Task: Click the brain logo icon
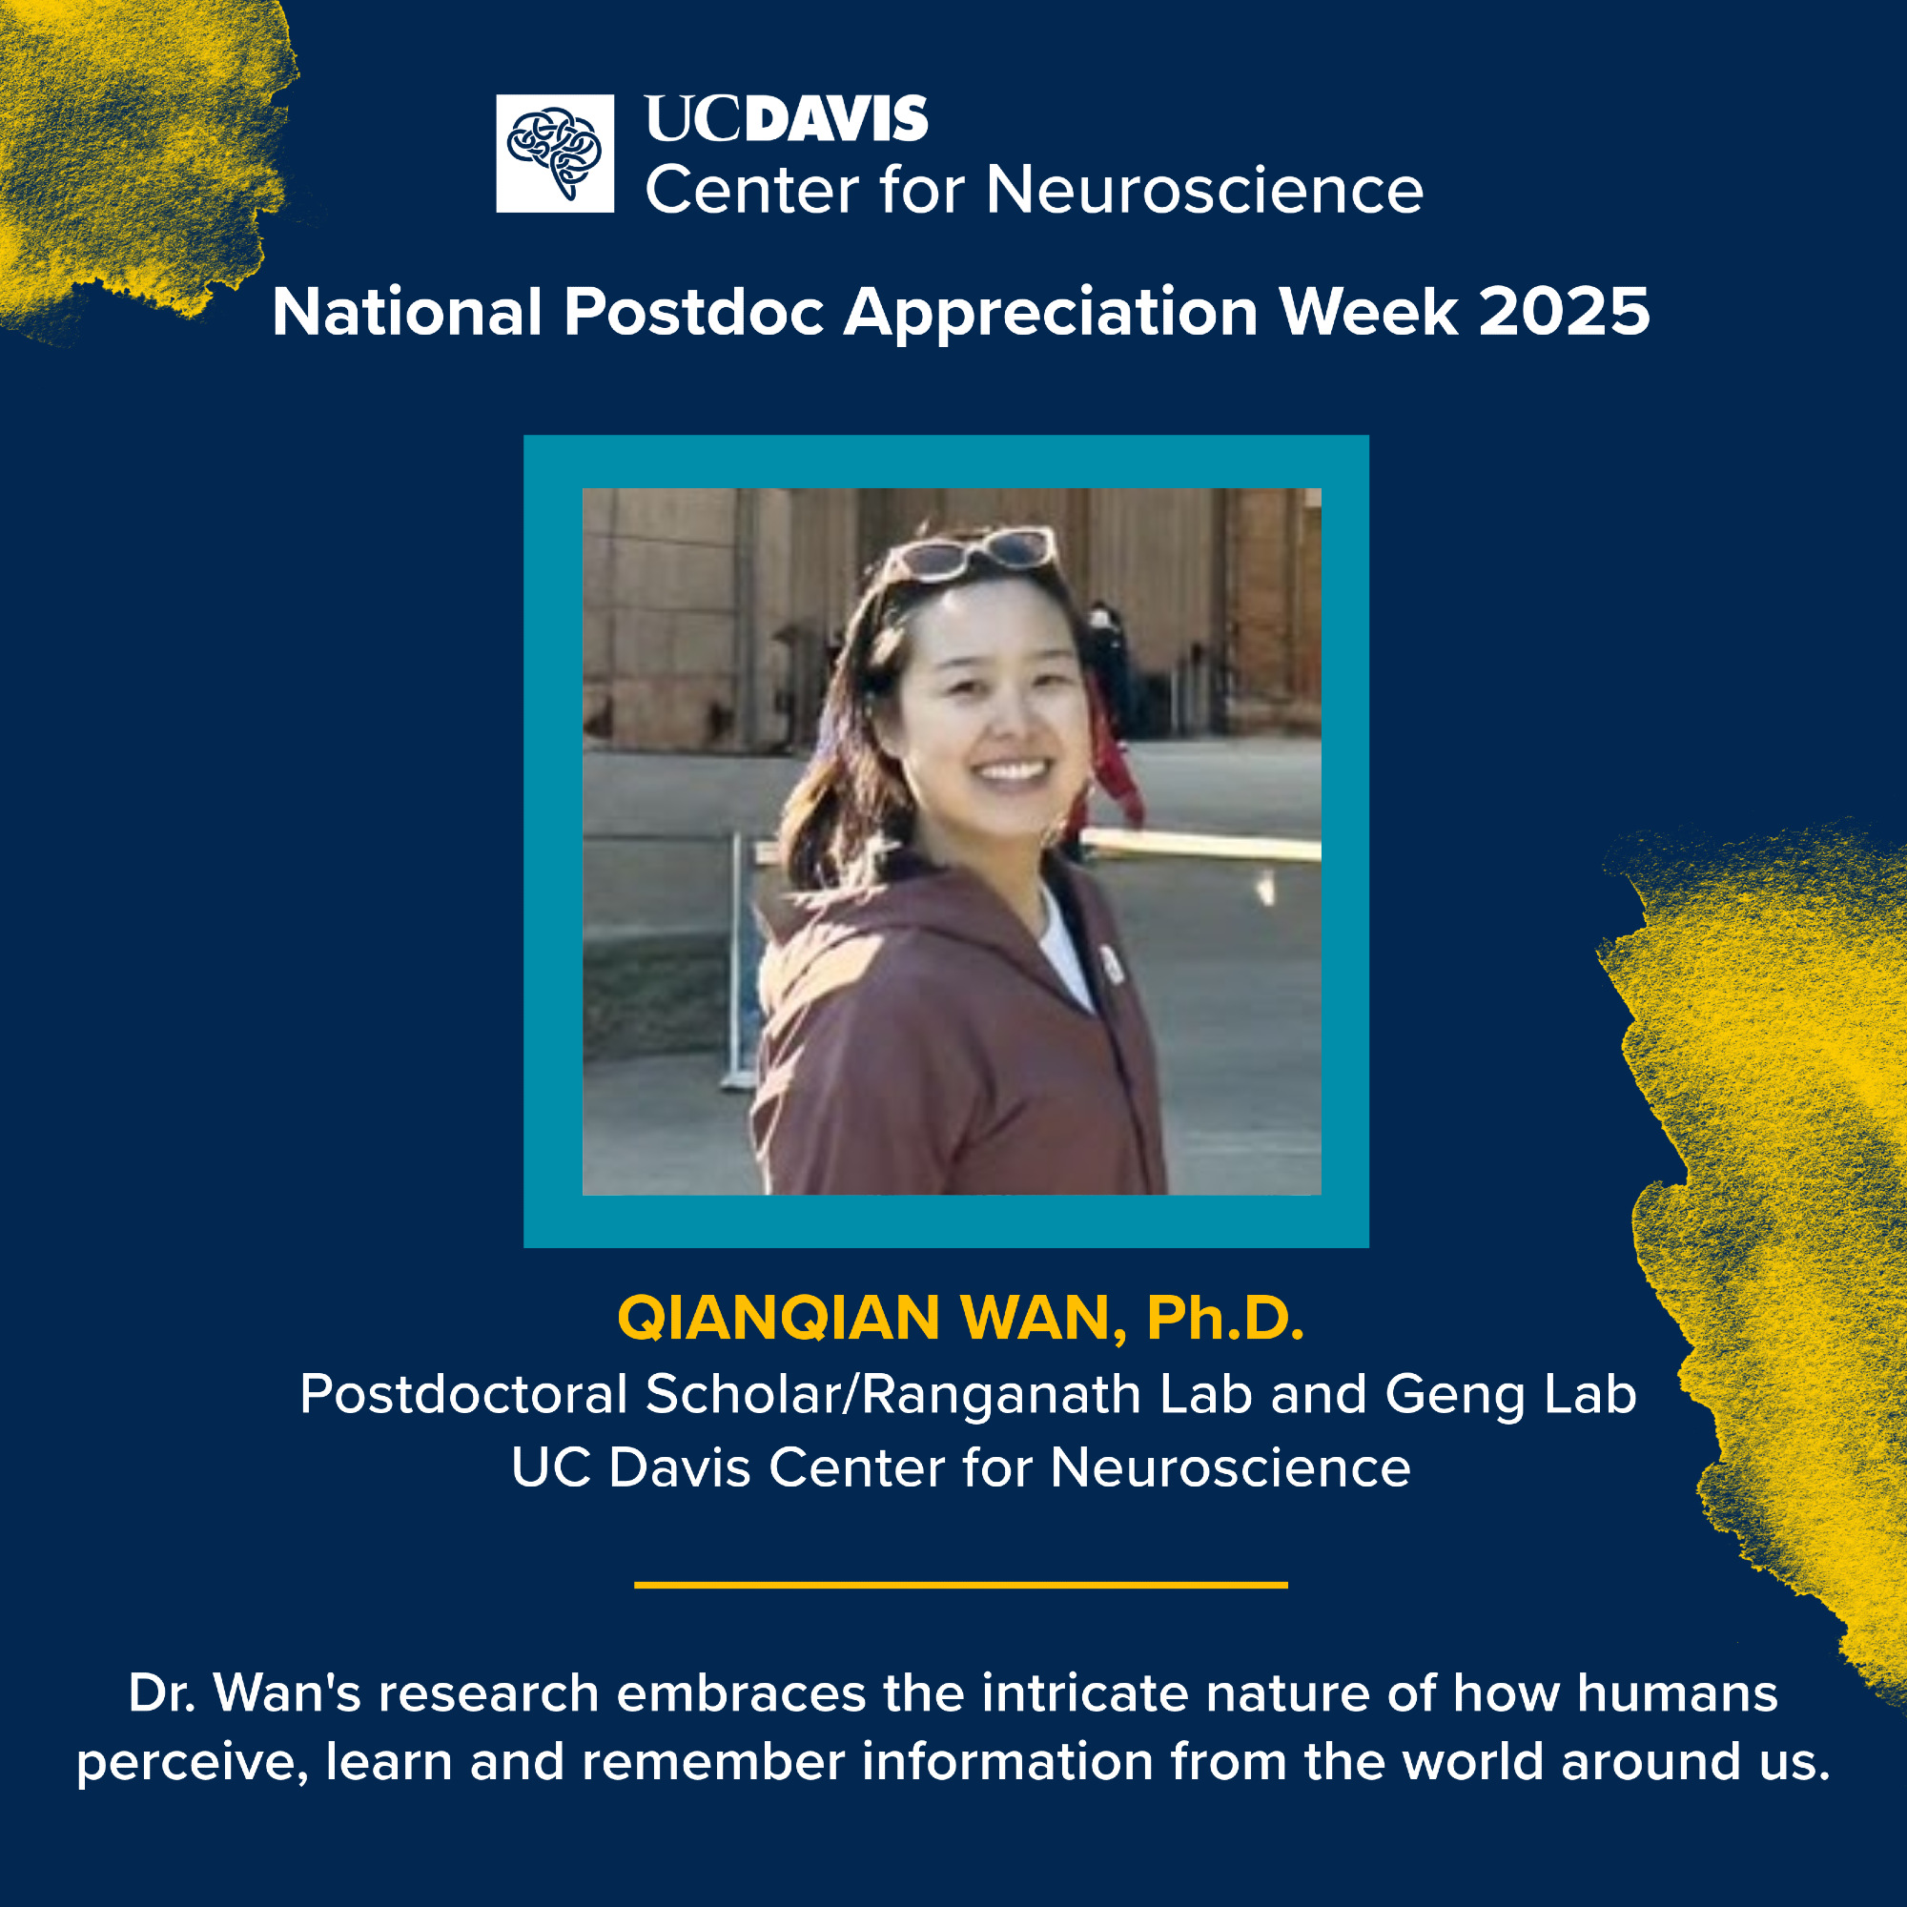click(555, 153)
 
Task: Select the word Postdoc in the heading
click(694, 313)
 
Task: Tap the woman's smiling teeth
click(1011, 769)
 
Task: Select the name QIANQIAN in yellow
click(779, 1318)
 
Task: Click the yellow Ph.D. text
click(1225, 1317)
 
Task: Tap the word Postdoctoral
click(464, 1394)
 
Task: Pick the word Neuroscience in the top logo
click(1204, 189)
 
